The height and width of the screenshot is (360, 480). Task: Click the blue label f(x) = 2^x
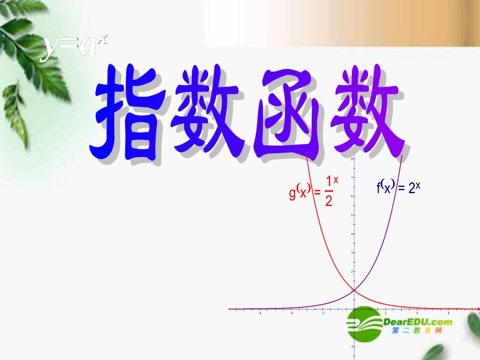coord(398,188)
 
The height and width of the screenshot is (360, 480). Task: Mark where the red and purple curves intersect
coord(354,290)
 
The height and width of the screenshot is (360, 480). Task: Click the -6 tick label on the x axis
coord(260,313)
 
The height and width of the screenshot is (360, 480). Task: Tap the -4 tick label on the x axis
coord(291,313)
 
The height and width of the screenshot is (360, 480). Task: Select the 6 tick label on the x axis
coord(449,313)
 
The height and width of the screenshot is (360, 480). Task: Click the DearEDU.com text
coord(417,322)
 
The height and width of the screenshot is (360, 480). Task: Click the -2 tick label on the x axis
coord(322,313)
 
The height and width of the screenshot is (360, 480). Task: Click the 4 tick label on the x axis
coord(417,313)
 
